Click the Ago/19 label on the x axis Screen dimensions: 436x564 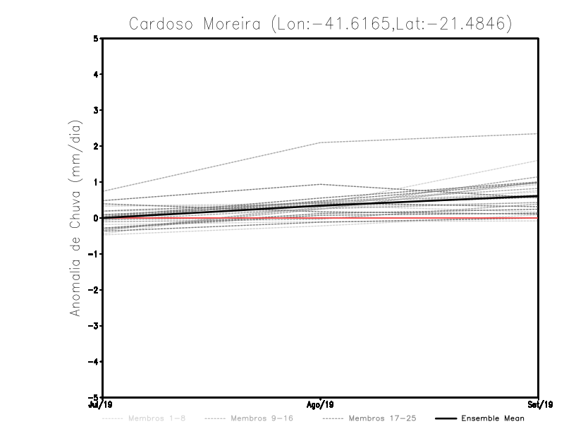pyautogui.click(x=321, y=405)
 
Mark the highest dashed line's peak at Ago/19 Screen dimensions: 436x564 pyautogui.click(x=321, y=143)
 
